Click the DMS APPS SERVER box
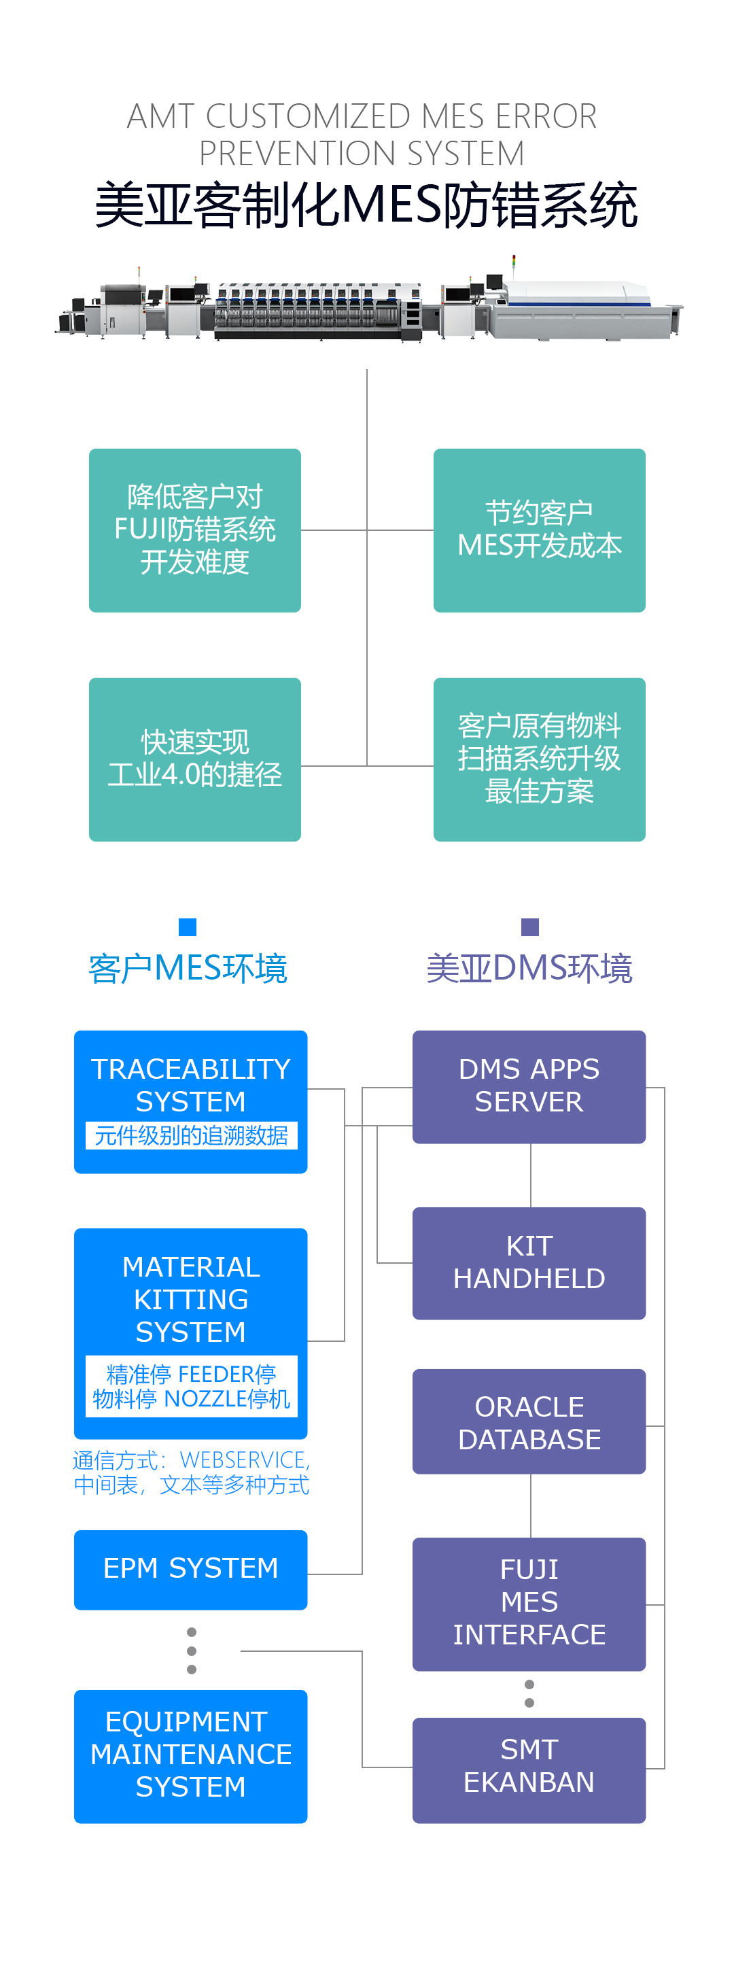(x=529, y=1086)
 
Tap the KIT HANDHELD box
(x=529, y=1263)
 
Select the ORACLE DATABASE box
(x=529, y=1421)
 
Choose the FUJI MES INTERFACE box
(x=529, y=1604)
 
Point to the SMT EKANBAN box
(x=529, y=1769)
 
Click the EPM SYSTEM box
(x=190, y=1569)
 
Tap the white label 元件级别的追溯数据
(x=190, y=1135)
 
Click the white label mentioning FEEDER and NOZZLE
(x=190, y=1386)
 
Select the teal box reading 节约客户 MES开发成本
(x=539, y=530)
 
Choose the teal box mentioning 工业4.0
(x=194, y=759)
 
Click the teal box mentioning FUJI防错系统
(x=194, y=530)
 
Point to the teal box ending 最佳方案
(x=539, y=759)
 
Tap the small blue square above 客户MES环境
(x=188, y=927)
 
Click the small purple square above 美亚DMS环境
(x=529, y=927)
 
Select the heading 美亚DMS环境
(x=529, y=969)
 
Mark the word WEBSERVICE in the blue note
(x=243, y=1460)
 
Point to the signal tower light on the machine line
(x=514, y=262)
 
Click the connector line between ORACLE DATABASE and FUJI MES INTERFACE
(x=531, y=1505)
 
